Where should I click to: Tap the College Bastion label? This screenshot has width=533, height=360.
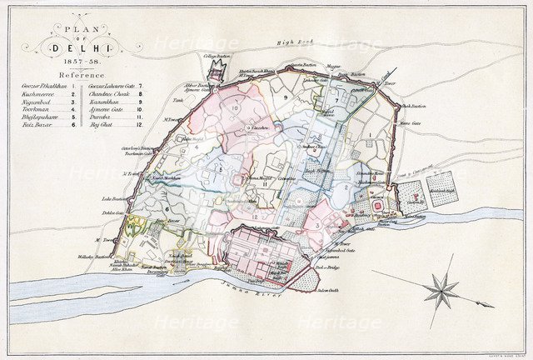(x=217, y=56)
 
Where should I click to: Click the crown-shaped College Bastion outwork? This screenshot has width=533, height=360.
(x=216, y=66)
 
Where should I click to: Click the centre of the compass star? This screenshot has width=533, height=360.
(x=441, y=290)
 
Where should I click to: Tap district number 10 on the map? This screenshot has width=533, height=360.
(x=235, y=108)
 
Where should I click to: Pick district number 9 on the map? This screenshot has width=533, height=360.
(x=285, y=98)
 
